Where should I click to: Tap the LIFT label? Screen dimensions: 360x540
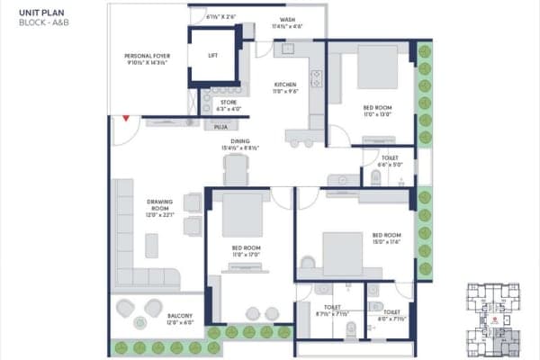coord(212,56)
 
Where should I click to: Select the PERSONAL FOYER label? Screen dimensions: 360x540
coord(148,60)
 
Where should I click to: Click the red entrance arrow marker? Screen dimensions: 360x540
coord(127,117)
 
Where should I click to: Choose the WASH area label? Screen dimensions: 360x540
coord(287,21)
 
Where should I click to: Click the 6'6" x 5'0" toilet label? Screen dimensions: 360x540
coord(391,160)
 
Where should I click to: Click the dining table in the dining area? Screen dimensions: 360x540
coord(236,170)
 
